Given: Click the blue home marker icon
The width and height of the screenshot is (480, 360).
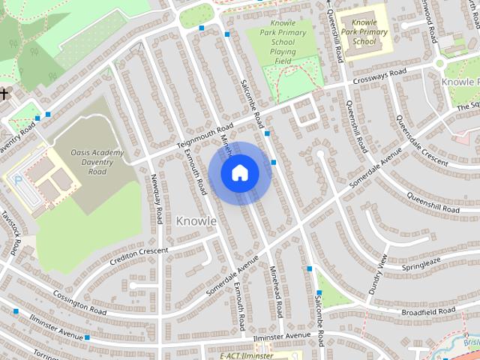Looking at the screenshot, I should (x=239, y=173).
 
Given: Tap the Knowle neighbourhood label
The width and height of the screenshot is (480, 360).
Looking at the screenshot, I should (x=196, y=221).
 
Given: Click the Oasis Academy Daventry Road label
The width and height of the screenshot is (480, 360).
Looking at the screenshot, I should (x=97, y=162).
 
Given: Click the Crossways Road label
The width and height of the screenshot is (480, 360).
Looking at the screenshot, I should (x=380, y=76).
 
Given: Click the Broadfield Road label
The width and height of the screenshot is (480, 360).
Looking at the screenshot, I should (x=428, y=310).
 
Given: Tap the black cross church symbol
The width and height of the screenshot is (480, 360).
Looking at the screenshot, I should (x=5, y=94).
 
